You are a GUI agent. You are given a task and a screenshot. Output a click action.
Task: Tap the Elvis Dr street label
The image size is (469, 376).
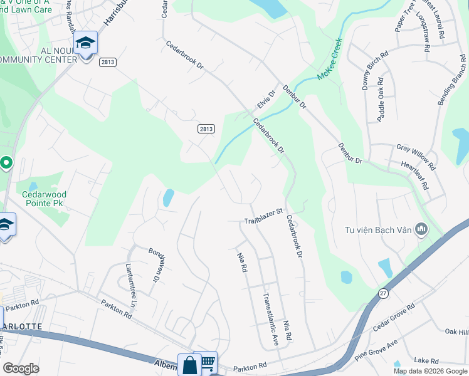(x=266, y=100)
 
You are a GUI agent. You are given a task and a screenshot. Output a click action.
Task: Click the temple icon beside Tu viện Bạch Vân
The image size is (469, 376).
(x=421, y=229)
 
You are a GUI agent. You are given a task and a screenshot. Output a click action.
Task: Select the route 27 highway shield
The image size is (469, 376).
(x=382, y=293)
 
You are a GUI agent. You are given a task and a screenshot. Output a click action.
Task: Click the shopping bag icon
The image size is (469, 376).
(x=189, y=365)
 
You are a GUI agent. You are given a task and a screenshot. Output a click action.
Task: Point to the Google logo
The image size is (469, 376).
(x=21, y=368)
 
